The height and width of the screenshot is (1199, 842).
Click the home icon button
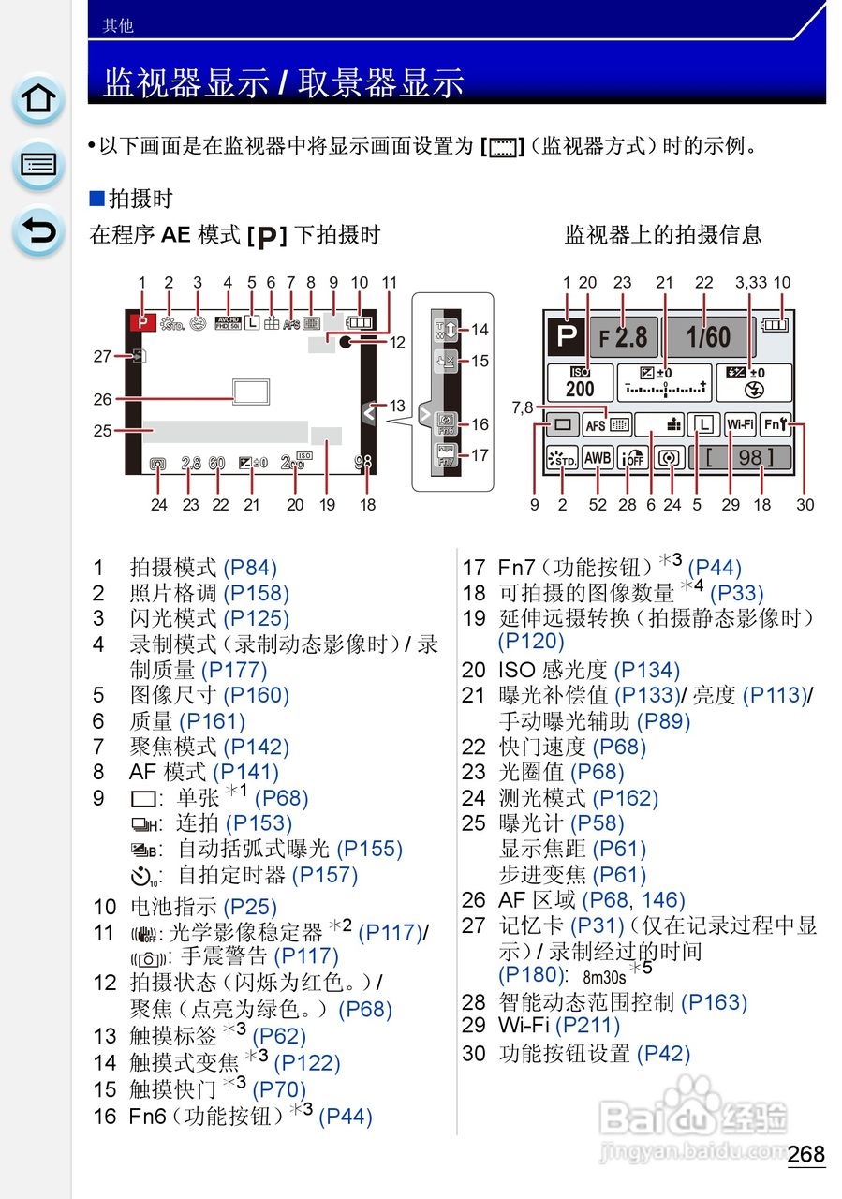[x=38, y=98]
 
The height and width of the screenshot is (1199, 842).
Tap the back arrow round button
[x=38, y=231]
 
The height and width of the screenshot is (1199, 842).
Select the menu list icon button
[x=38, y=165]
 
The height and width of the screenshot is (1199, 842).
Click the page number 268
[x=805, y=1153]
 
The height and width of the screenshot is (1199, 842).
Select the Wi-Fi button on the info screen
[x=740, y=424]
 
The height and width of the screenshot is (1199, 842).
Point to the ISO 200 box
[x=580, y=382]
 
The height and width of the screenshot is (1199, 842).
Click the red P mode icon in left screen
[x=142, y=320]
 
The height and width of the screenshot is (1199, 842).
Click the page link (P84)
[x=250, y=567]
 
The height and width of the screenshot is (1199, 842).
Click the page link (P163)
[x=714, y=1002]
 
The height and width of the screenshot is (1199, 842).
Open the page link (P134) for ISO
[x=646, y=670]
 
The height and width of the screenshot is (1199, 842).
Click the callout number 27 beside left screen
[x=102, y=356]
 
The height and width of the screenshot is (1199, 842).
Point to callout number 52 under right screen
[x=598, y=505]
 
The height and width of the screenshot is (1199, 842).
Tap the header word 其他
[x=118, y=26]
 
